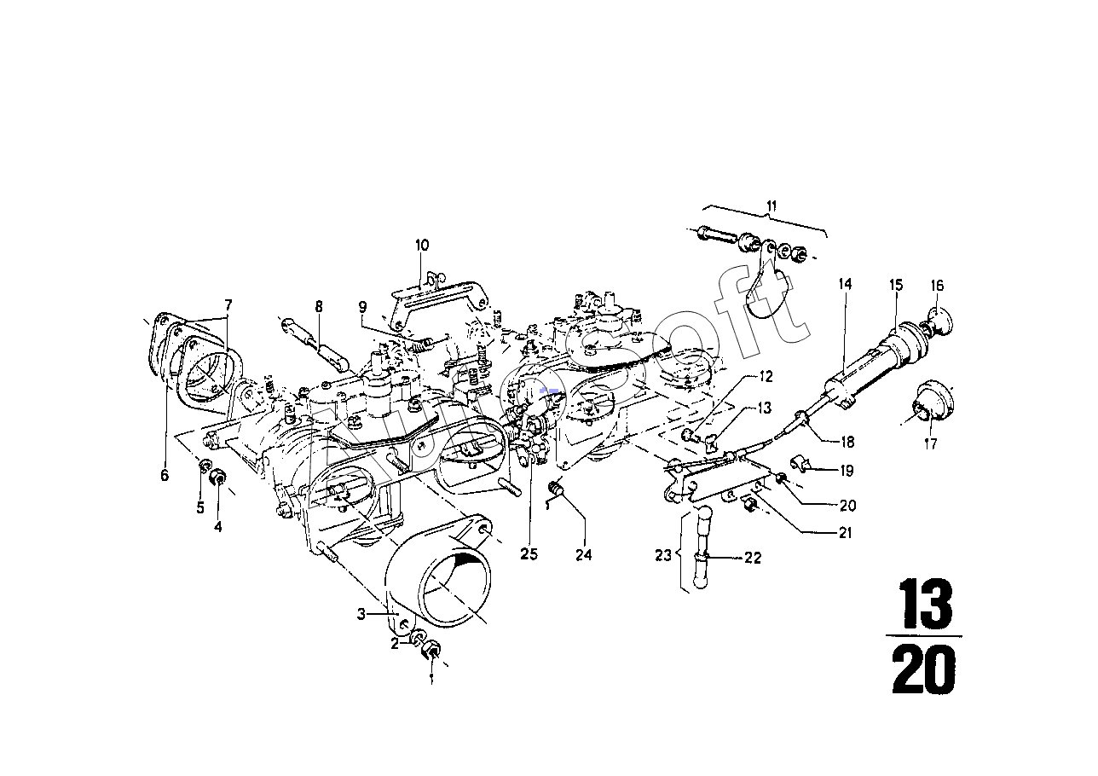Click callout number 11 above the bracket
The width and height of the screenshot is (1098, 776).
pos(771,206)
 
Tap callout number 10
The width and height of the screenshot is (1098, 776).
pos(422,245)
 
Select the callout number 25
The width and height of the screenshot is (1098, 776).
pos(529,554)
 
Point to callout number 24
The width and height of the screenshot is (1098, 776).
pos(584,555)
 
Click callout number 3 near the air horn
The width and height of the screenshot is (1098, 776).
pos(361,614)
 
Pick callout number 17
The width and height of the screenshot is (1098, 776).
pos(930,444)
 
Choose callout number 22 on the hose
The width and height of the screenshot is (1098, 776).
pos(753,558)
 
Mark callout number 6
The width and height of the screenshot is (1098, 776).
pos(165,475)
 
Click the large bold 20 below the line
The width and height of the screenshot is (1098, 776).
pos(924,669)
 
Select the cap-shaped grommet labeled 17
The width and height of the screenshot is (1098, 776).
pos(932,407)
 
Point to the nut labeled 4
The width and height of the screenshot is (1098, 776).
pos(218,477)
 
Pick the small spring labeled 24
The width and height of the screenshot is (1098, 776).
pos(555,488)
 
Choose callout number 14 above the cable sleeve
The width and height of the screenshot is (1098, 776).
pos(845,284)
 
